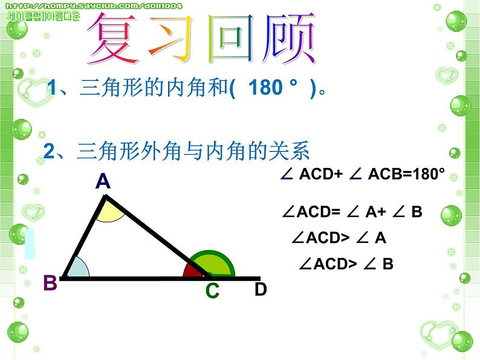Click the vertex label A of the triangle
point(103,182)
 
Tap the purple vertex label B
point(50,283)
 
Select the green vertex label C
point(212,291)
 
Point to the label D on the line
point(260,289)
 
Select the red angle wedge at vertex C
point(194,271)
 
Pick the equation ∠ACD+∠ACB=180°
point(363,175)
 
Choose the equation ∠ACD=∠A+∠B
point(352,212)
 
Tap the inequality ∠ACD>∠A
point(339,238)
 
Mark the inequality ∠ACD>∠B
point(346,263)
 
